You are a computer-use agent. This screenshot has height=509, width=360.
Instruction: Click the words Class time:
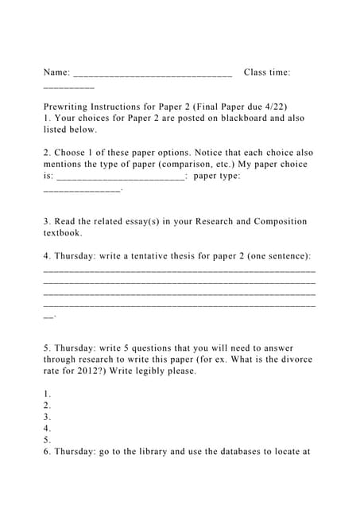pyautogui.click(x=267, y=72)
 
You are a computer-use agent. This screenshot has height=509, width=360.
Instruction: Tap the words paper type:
pyautogui.click(x=217, y=176)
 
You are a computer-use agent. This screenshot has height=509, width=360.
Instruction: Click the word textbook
pyautogui.click(x=63, y=233)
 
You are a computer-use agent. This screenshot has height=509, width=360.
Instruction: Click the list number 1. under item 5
pyautogui.click(x=48, y=394)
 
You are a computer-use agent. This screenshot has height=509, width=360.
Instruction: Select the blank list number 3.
pyautogui.click(x=48, y=417)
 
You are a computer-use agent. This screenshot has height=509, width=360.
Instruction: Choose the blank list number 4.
pyautogui.click(x=48, y=428)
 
